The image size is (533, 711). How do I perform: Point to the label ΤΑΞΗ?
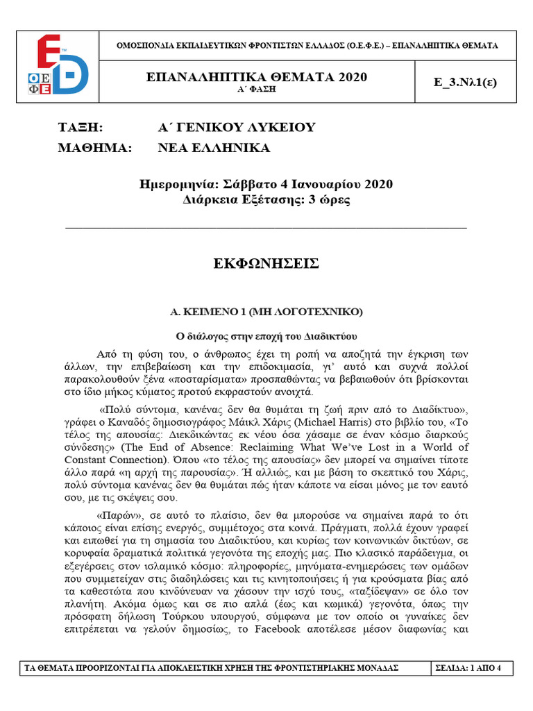pos(79,127)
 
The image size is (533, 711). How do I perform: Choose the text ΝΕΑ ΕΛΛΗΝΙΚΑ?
pos(214,148)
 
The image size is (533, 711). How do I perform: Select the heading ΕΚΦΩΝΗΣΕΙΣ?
pos(266,264)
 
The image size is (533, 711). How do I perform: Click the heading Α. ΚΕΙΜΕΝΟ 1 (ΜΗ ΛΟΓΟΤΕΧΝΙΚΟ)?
pos(266,312)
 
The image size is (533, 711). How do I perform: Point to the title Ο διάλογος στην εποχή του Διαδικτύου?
pos(266,336)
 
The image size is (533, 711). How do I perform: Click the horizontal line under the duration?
pos(266,227)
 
